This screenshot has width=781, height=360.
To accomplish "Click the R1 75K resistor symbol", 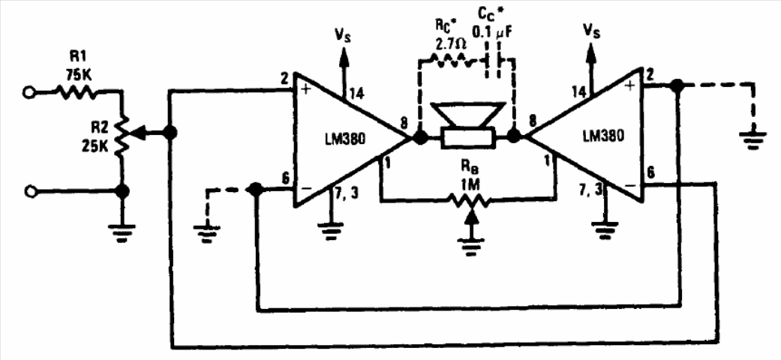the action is (x=75, y=92).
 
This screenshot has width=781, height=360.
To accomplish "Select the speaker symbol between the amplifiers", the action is (x=467, y=125).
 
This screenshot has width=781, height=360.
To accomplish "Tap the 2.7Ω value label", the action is (x=451, y=44).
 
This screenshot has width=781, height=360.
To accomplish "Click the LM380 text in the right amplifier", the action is (x=603, y=136).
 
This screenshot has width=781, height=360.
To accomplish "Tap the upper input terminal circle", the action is (x=29, y=92).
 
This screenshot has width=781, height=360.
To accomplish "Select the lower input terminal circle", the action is (x=29, y=190).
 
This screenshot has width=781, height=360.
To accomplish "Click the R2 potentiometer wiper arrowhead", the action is (x=141, y=133).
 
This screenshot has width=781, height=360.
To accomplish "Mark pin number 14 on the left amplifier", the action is (x=356, y=92).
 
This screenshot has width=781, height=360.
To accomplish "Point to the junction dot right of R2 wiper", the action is (x=170, y=133).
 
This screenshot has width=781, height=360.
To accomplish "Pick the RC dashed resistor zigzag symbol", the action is (x=450, y=61).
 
